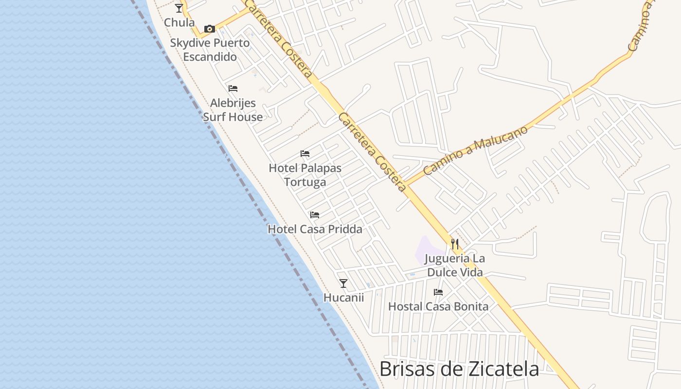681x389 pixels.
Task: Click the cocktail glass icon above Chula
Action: coord(179,8)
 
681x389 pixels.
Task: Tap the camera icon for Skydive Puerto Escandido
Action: coord(210,29)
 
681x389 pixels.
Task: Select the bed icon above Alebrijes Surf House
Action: coord(233,88)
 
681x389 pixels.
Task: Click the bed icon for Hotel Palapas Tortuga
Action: coord(305,154)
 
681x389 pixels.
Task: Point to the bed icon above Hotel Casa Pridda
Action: coord(315,214)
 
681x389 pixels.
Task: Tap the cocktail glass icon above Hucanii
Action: coord(343,283)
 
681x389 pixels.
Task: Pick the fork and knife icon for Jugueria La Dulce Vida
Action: coord(455,244)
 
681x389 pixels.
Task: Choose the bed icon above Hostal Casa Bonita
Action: coord(438,292)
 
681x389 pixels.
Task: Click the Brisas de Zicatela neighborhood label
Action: coord(459,369)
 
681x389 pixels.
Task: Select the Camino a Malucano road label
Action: coord(475,151)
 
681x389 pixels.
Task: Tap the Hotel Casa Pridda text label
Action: coord(315,229)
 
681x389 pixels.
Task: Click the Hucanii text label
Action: coord(343,298)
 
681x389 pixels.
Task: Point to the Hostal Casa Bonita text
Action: coord(438,306)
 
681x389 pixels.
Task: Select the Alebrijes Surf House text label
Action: coord(233,110)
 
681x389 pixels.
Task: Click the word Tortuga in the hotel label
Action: coord(305,182)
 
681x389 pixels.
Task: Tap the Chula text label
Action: coord(179,22)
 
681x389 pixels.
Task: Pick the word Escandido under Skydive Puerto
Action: coord(210,57)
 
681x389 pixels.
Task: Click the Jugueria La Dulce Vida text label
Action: coord(455,265)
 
